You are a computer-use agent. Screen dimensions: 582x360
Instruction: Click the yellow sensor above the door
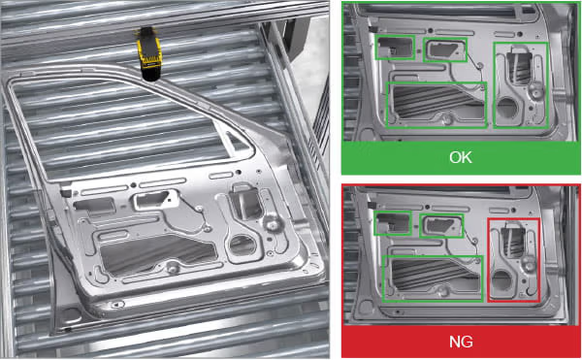click(x=149, y=53)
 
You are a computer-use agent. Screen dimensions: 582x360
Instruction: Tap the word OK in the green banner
click(x=461, y=158)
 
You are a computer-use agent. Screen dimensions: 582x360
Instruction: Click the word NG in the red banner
click(x=461, y=341)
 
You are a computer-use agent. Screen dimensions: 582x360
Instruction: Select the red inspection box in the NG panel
click(x=488, y=260)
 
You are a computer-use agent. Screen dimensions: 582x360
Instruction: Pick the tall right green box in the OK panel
click(x=494, y=85)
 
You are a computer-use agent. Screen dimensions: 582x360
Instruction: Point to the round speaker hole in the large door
click(x=242, y=245)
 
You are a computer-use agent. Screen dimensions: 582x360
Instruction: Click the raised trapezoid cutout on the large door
click(x=153, y=200)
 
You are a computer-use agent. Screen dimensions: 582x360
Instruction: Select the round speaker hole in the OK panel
click(x=507, y=108)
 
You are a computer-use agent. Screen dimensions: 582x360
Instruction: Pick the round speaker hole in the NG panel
click(x=501, y=280)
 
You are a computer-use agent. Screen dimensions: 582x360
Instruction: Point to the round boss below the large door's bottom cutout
click(x=173, y=267)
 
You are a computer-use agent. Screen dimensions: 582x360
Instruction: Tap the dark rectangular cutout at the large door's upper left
click(x=94, y=205)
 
